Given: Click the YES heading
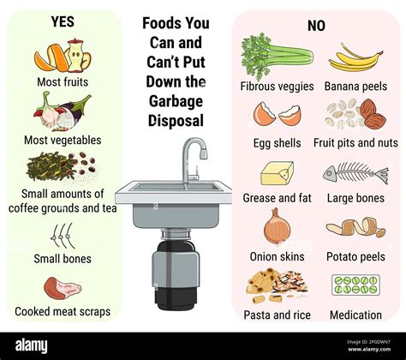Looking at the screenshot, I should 63,21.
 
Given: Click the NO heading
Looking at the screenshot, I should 316,26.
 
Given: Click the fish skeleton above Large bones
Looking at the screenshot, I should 355,173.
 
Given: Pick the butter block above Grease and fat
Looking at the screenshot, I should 277,173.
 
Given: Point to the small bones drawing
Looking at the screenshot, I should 63,235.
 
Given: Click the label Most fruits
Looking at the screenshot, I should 63,82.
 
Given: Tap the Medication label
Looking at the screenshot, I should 355,315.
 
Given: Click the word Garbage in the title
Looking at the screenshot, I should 175,101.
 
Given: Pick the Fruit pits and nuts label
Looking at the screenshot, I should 355,142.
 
